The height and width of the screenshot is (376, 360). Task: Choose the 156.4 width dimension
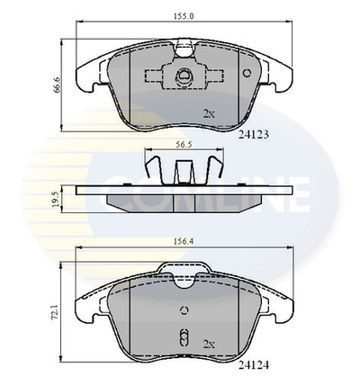[x=184, y=241]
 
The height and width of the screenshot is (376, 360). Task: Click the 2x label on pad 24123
[x=210, y=114]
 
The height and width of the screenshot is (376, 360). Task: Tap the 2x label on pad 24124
[x=210, y=342]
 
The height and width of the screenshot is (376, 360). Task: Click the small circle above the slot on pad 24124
[x=182, y=312]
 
